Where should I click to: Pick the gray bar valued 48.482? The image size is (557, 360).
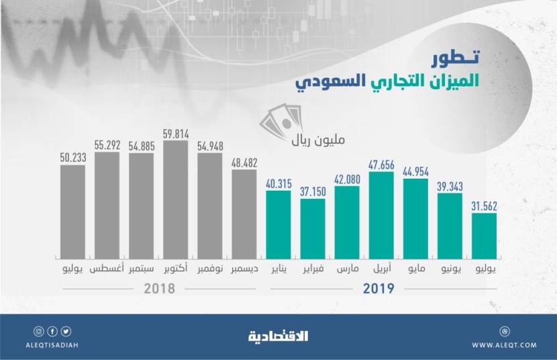(244, 214)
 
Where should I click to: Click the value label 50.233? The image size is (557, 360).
(72, 159)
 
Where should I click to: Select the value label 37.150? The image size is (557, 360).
(313, 192)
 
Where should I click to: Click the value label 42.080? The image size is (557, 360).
(347, 179)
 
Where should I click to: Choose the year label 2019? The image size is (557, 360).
(381, 289)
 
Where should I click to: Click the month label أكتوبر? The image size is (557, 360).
(175, 269)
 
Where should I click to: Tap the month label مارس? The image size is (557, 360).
(347, 269)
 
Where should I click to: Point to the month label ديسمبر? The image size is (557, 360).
(244, 269)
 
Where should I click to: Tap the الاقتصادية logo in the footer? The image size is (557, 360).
(278, 335)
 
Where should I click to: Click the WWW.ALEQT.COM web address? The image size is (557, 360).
(503, 345)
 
